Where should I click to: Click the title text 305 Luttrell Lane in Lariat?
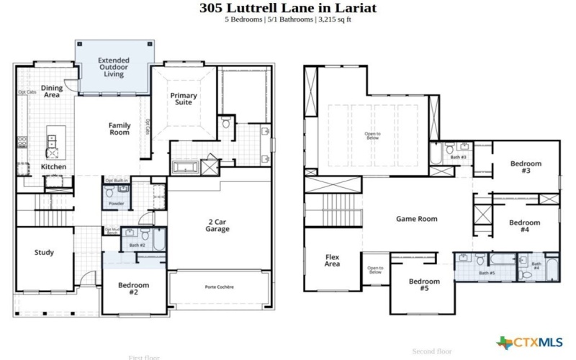(x=287, y=8)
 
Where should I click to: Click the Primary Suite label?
(x=183, y=99)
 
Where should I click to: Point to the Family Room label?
(x=120, y=129)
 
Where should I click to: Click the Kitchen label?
(x=53, y=167)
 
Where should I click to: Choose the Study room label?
(x=44, y=253)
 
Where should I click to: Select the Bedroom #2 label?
(x=134, y=289)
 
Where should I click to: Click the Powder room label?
(x=116, y=204)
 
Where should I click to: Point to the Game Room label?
(x=416, y=219)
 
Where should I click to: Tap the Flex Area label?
(x=332, y=260)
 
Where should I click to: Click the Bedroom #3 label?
(x=525, y=167)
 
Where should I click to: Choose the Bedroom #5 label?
(x=423, y=284)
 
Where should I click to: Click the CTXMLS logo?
(x=531, y=341)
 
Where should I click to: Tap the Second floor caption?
(x=431, y=351)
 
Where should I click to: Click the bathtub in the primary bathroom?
(x=186, y=167)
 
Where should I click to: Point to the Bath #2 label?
(x=137, y=246)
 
